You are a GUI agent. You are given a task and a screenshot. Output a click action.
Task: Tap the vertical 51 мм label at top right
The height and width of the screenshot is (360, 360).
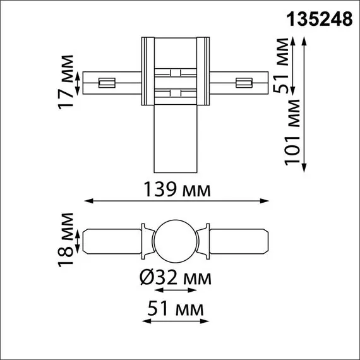(282, 65)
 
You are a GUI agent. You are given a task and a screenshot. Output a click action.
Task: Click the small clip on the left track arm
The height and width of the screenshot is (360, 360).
(106, 82)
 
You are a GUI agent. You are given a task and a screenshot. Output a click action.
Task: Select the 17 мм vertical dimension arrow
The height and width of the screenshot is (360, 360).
(78, 82)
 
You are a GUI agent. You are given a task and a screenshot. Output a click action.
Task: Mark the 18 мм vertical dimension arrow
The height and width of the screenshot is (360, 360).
(78, 240)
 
